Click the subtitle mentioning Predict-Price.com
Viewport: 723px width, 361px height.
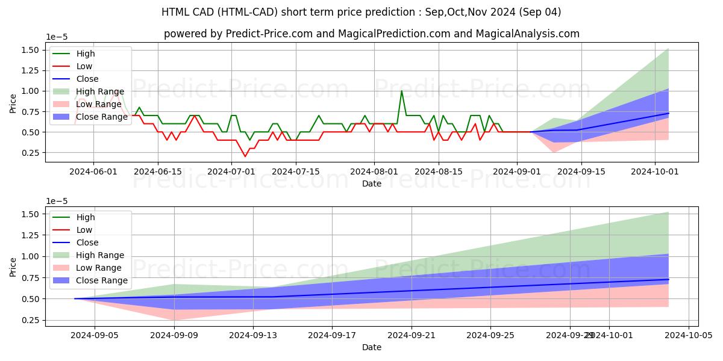pos(371,34)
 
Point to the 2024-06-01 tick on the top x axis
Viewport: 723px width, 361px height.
pos(93,171)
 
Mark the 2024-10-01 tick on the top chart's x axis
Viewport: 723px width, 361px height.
pos(655,171)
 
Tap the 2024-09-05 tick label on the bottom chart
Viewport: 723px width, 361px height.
pos(95,336)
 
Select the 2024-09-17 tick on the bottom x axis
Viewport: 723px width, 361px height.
pos(332,336)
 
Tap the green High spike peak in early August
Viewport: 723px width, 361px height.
pos(402,91)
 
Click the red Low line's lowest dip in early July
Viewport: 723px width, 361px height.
pos(245,156)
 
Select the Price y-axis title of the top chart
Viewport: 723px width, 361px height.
pos(13,103)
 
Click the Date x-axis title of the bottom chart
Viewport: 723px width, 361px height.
pos(371,348)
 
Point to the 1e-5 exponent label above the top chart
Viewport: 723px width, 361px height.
pos(57,37)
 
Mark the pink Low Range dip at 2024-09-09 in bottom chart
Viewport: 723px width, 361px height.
pos(174,319)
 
